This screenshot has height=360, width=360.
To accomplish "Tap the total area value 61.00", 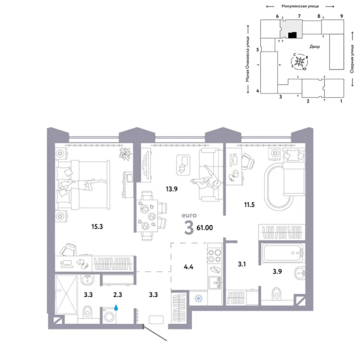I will pos(205,227).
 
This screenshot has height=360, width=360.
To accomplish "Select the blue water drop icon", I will pos(117,305).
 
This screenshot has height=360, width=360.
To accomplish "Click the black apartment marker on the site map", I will pos(291,35).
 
